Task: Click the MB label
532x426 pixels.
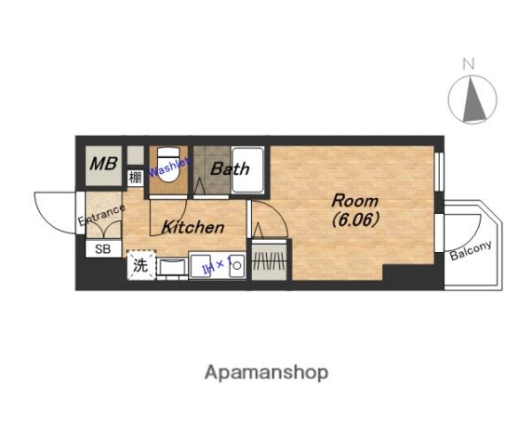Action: tap(104, 163)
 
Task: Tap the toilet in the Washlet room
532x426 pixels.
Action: tap(168, 164)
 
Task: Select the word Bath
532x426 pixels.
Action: tap(230, 169)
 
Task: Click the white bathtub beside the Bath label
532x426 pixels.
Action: tap(247, 170)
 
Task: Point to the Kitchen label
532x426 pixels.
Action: tap(192, 227)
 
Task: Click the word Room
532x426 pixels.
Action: tap(355, 201)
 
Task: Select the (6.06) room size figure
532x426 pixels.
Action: tap(356, 220)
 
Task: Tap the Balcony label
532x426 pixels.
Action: tap(471, 250)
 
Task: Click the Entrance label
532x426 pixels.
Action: tap(101, 215)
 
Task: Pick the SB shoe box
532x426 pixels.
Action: tap(103, 249)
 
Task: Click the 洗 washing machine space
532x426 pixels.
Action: tap(141, 265)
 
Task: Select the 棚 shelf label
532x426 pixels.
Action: tap(136, 177)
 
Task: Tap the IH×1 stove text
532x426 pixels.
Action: tap(217, 264)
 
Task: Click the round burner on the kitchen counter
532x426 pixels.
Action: tap(237, 265)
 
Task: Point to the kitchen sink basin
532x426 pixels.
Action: tap(173, 266)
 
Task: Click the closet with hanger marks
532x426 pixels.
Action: tap(270, 260)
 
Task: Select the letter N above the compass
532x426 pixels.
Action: tap(468, 64)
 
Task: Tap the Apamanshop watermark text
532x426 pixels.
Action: tap(266, 373)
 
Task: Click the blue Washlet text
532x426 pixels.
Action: tap(168, 167)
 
